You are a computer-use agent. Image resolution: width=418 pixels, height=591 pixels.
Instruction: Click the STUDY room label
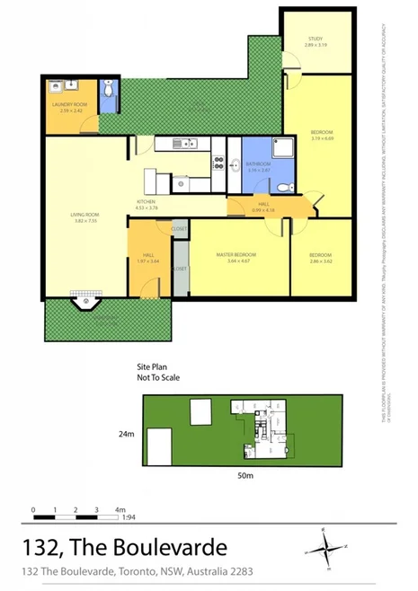click(315, 40)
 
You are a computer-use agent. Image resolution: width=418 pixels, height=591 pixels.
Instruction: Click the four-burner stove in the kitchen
click(218, 163)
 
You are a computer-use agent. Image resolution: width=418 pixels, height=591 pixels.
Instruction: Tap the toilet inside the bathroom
click(281, 187)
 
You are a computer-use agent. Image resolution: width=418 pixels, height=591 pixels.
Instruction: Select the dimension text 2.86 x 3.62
click(321, 261)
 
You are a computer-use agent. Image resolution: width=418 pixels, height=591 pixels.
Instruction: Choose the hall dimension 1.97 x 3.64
click(148, 261)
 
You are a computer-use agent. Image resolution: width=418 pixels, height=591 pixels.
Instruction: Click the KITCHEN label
click(147, 202)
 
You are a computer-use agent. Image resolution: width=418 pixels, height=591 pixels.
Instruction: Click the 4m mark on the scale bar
click(119, 510)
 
